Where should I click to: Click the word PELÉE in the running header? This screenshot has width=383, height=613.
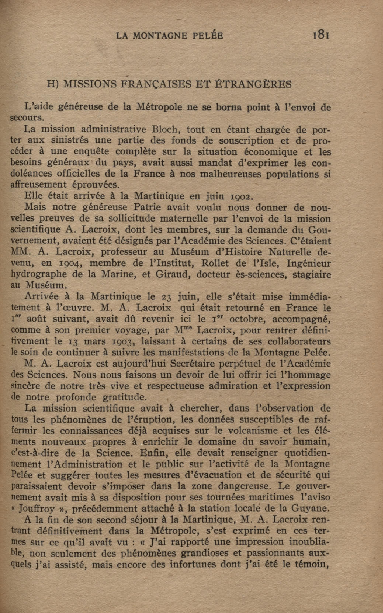point(208,36)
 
